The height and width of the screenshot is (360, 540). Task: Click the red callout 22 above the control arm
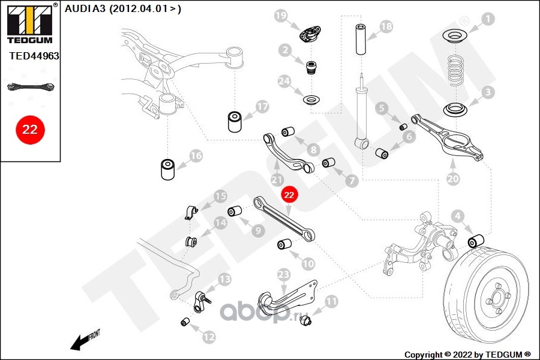coord(289,195)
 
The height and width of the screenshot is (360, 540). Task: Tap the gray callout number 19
coord(281,16)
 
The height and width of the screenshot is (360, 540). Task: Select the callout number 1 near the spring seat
coord(487,19)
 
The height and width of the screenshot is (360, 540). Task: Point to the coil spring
coord(457,71)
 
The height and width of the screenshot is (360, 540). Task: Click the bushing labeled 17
coord(235,121)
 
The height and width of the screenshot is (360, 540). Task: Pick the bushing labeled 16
coord(168,169)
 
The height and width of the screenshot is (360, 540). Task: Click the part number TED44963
coord(34,56)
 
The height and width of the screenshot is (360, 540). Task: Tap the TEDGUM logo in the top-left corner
coord(30,23)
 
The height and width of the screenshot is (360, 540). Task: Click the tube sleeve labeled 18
coord(361,39)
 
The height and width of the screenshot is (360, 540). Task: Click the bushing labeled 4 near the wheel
coord(476,241)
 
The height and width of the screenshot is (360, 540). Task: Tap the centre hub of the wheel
coord(497,298)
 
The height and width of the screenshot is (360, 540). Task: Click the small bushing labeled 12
coord(185,322)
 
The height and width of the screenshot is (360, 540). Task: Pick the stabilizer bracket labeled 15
coord(191,212)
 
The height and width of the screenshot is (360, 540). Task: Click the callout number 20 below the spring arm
coord(453,178)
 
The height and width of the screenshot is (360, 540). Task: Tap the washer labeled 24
coord(311,101)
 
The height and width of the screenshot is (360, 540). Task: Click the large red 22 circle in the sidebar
coord(30,130)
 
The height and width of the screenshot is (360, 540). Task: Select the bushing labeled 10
coord(284,244)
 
